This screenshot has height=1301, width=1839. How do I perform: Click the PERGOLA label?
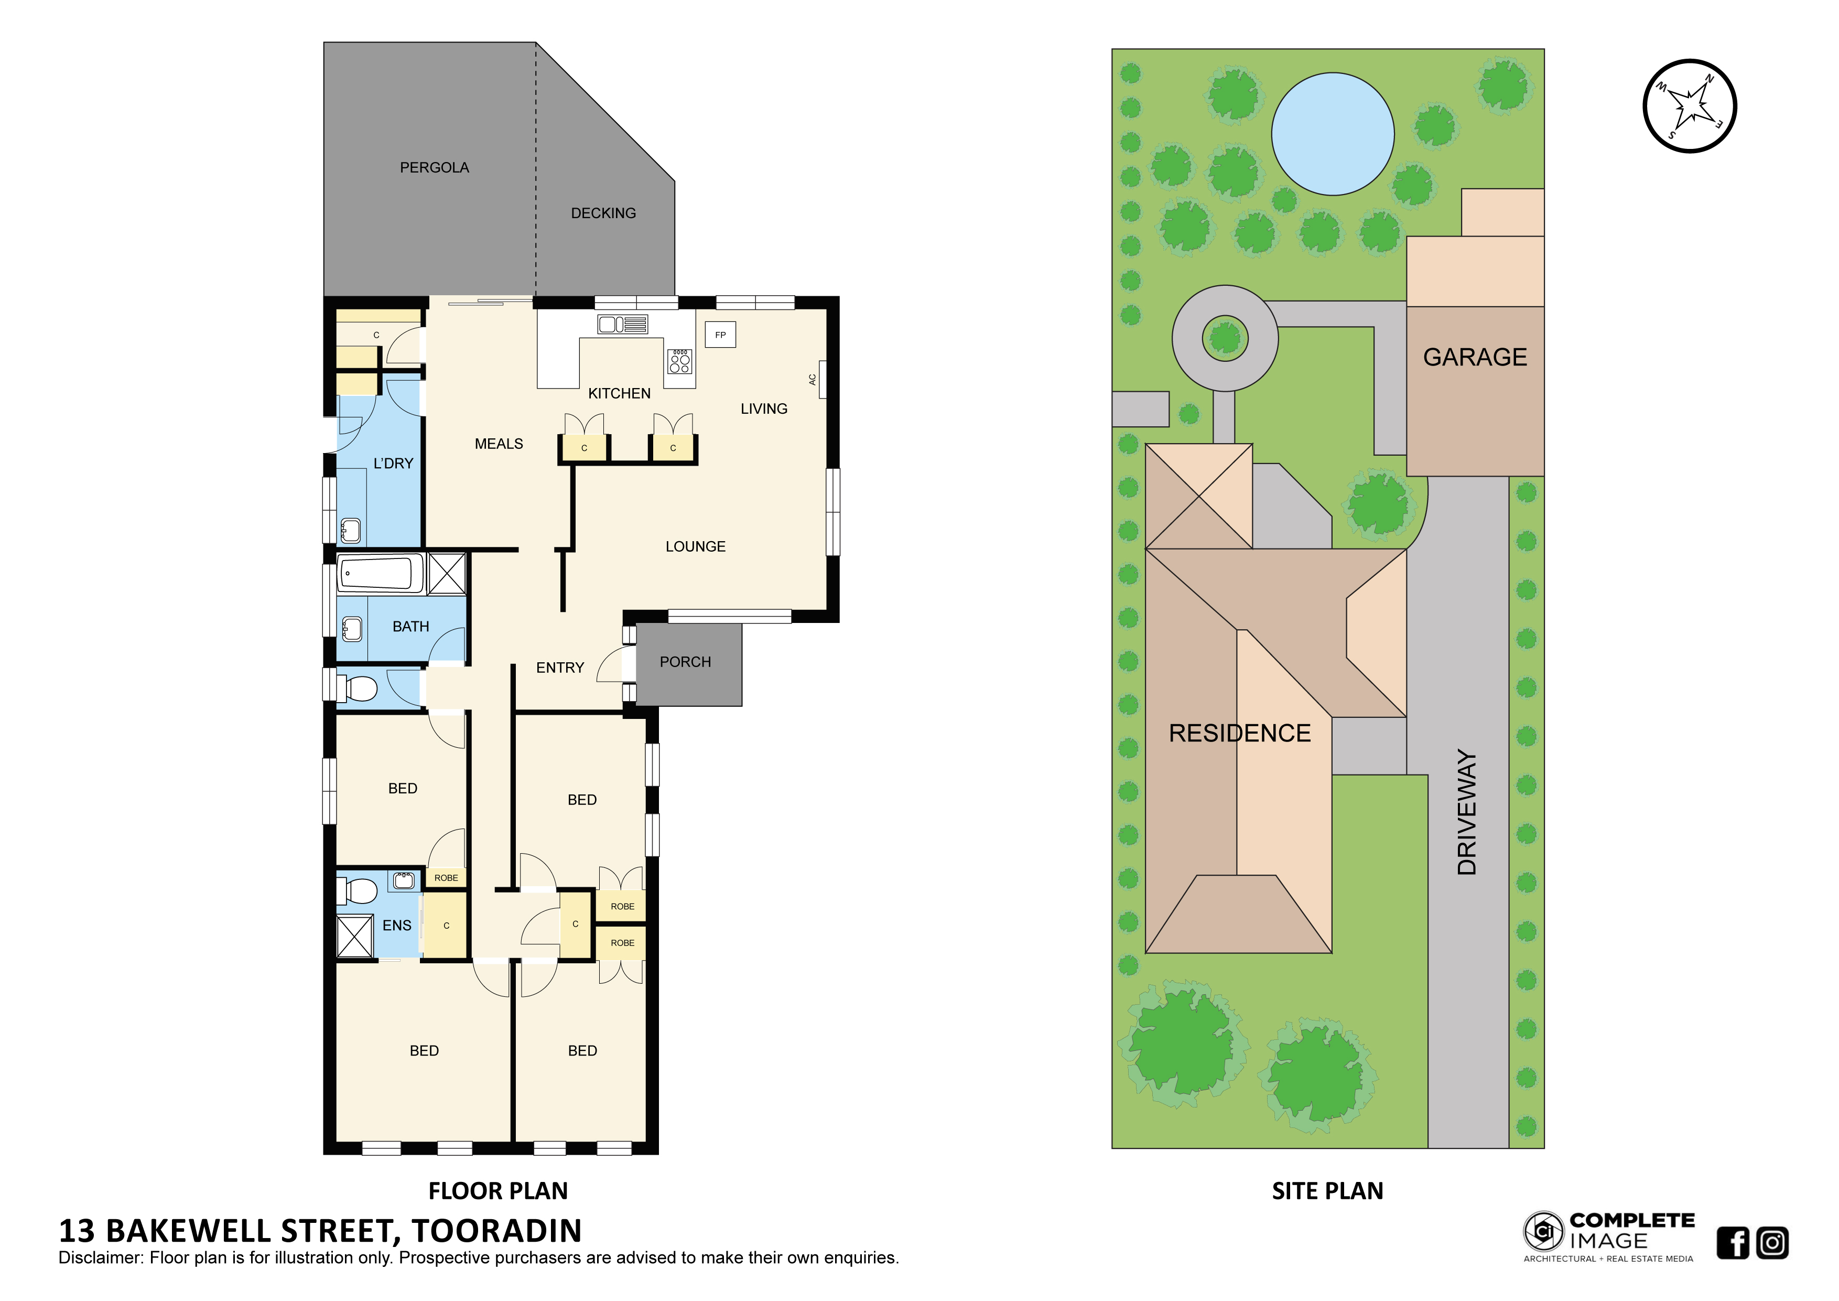tap(434, 167)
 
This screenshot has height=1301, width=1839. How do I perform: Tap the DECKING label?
tap(603, 213)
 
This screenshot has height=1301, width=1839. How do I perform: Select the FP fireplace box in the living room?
tap(720, 335)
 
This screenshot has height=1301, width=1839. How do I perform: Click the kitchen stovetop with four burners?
tap(680, 361)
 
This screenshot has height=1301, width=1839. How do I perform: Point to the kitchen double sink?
tap(622, 325)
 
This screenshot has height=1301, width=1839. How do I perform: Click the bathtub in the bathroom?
tap(380, 574)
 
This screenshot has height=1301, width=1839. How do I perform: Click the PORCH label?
tap(685, 662)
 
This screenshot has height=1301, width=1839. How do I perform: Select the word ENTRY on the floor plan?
tap(560, 668)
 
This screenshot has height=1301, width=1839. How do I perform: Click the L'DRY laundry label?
tap(393, 463)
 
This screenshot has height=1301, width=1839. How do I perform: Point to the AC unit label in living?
tap(812, 380)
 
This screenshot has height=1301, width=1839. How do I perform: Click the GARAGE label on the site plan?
tap(1475, 357)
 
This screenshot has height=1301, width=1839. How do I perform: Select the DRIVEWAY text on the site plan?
tap(1467, 812)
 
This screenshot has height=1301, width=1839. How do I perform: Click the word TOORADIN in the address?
tap(496, 1231)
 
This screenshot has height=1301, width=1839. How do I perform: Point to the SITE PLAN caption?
tap(1327, 1191)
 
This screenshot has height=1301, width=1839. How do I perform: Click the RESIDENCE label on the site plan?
tap(1239, 733)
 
